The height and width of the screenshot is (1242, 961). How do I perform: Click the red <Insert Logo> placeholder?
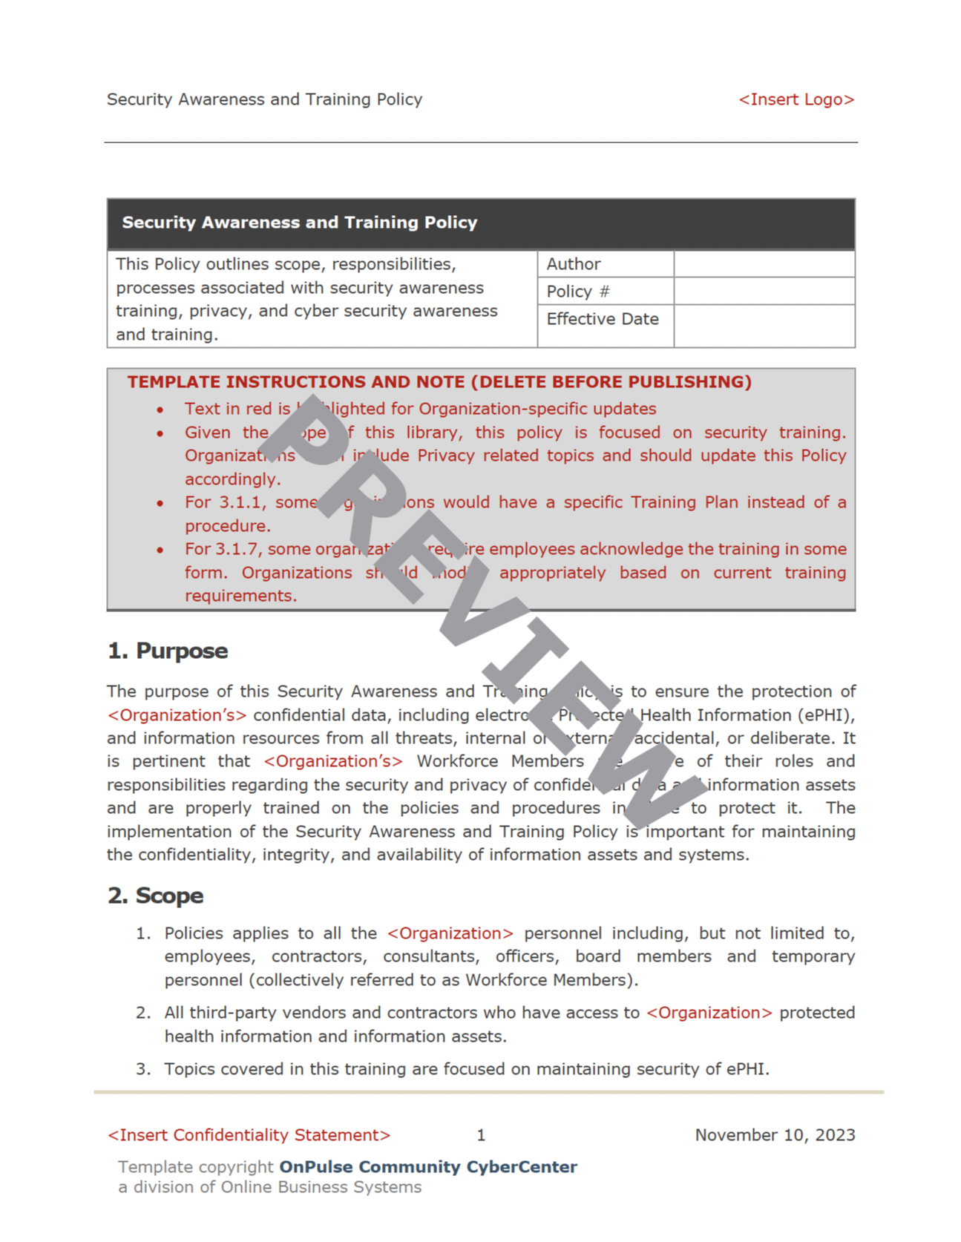[x=796, y=99]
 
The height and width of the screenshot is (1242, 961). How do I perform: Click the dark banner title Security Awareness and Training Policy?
[x=299, y=223]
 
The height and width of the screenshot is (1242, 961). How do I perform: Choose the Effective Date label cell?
[x=602, y=319]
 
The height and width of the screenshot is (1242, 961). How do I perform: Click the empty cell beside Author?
[x=764, y=264]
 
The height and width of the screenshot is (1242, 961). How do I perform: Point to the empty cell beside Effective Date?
[x=764, y=325]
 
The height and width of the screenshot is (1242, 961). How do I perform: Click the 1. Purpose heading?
[x=168, y=651]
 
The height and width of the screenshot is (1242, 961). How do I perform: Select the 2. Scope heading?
[x=155, y=896]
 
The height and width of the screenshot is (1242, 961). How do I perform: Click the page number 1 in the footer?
[x=481, y=1135]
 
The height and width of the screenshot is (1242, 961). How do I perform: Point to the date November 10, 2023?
[x=775, y=1135]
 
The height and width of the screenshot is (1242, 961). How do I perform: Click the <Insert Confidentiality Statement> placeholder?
[x=249, y=1135]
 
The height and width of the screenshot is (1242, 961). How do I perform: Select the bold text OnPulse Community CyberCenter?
[x=427, y=1167]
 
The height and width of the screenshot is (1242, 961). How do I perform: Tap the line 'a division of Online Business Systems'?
[x=269, y=1187]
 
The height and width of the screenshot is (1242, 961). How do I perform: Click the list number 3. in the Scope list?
[x=143, y=1069]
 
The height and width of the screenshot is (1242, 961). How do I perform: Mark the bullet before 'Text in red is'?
[x=160, y=410]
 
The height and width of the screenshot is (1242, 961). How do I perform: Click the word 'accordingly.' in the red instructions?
[x=232, y=479]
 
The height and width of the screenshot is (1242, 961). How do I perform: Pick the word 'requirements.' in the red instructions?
[x=240, y=596]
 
